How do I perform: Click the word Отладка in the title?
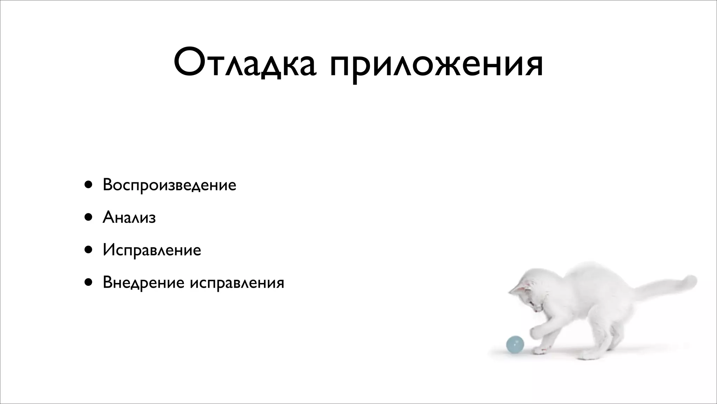245,63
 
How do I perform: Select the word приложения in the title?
436,65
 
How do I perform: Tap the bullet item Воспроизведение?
169,185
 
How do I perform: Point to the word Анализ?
129,218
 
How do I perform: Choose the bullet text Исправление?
152,250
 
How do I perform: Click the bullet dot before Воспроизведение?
88,185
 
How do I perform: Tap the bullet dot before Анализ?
88,217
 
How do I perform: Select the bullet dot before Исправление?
88,250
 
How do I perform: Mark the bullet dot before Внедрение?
88,282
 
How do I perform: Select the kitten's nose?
536,311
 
